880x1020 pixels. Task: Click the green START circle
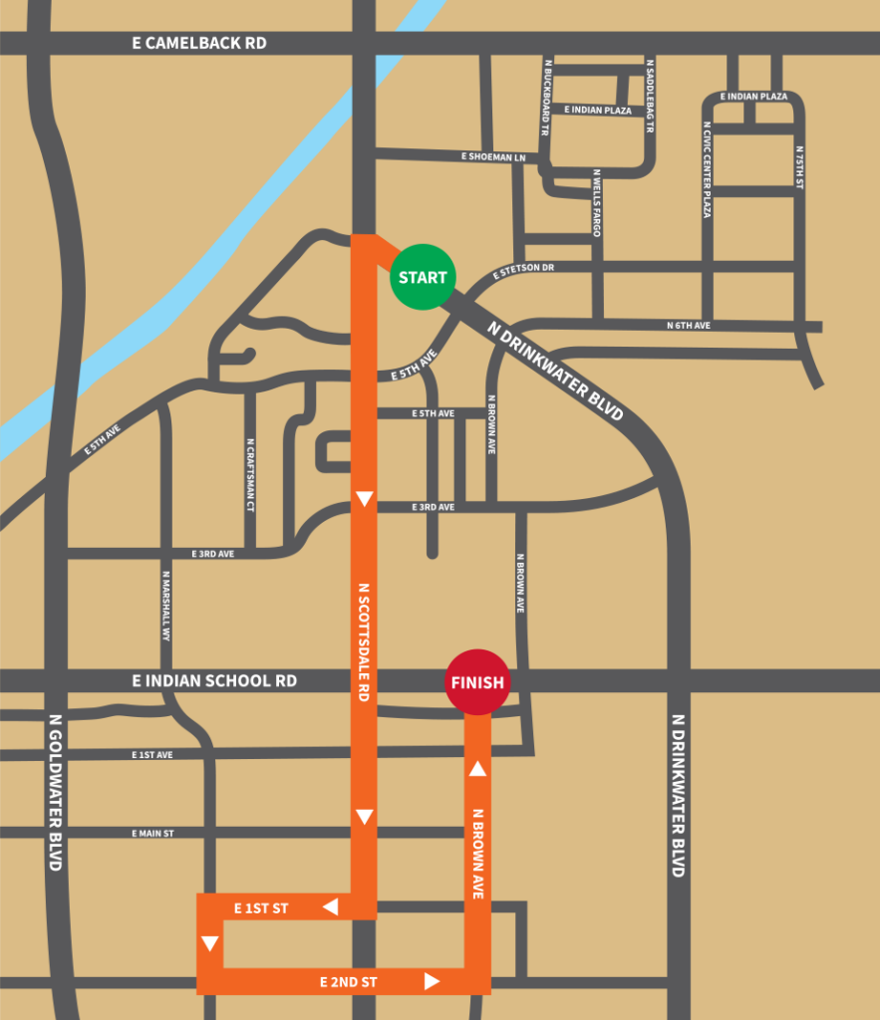point(423,277)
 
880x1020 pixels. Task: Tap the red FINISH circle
point(477,682)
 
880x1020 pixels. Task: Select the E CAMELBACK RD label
point(200,44)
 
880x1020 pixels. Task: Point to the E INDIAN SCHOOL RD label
point(214,680)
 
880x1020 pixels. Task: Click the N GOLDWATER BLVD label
point(56,792)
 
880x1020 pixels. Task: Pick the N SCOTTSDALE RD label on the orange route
point(364,642)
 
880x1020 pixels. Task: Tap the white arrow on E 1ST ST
point(330,906)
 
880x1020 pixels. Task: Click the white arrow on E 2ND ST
point(432,981)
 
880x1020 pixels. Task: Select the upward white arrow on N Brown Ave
point(477,768)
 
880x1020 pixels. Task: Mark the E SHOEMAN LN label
point(492,157)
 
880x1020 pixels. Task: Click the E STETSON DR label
point(522,271)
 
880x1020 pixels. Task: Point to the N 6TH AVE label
point(689,326)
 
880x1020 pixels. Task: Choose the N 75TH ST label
point(799,168)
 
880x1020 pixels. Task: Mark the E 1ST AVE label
point(151,755)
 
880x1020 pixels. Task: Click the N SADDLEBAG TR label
point(650,96)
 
